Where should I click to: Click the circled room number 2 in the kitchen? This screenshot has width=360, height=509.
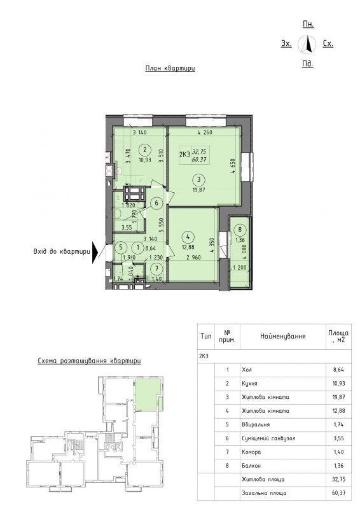click(x=145, y=150)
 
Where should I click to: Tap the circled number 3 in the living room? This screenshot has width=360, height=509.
click(x=199, y=179)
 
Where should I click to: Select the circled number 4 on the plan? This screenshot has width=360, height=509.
click(x=188, y=237)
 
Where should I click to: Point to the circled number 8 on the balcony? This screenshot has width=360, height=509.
click(x=240, y=230)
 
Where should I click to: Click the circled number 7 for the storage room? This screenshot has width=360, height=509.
click(x=157, y=268)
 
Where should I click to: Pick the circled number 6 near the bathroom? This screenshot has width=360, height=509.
click(x=156, y=203)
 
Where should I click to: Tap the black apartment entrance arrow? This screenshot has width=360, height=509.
click(x=95, y=252)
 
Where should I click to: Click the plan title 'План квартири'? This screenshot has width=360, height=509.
click(x=170, y=69)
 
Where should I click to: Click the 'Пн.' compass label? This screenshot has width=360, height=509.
click(x=308, y=24)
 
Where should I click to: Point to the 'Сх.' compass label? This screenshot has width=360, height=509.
click(x=328, y=43)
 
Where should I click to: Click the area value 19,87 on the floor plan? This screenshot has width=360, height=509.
click(x=199, y=189)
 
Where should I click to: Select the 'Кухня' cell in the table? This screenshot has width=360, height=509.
click(x=249, y=384)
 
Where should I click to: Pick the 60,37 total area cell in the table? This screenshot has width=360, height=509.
click(x=338, y=493)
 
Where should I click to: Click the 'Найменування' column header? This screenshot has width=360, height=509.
click(x=283, y=337)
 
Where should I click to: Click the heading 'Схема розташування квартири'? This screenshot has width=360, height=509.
click(x=89, y=361)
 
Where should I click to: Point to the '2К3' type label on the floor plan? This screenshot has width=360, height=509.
click(x=184, y=154)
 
